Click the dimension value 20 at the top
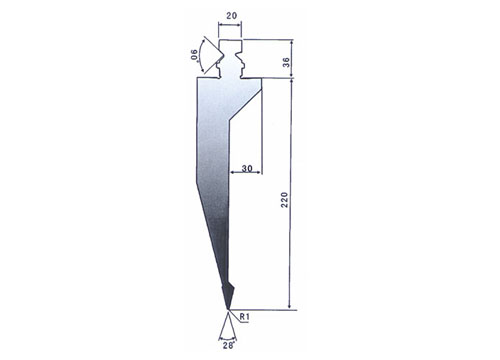coord(231,15)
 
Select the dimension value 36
coord(286,62)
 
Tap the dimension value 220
coord(284,200)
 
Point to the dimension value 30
coord(247,168)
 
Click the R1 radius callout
coord(244,317)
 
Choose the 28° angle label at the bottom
coord(229,346)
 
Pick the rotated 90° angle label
coord(194,55)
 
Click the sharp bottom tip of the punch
coord(228,310)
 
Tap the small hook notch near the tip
coord(231,286)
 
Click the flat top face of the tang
coord(230,40)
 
